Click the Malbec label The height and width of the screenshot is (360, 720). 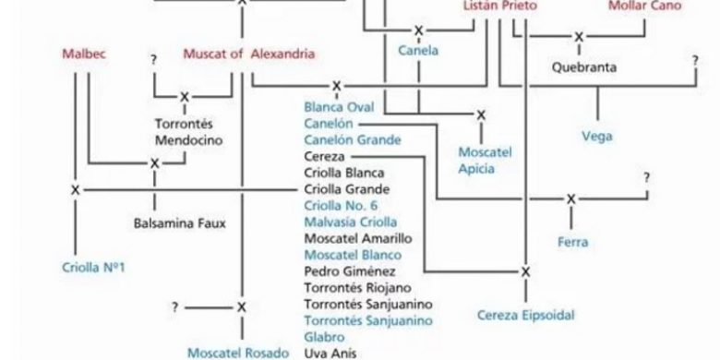(x=84, y=54)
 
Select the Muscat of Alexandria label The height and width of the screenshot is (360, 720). (x=249, y=54)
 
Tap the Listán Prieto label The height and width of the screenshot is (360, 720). (x=500, y=6)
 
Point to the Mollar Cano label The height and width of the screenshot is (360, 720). (x=644, y=6)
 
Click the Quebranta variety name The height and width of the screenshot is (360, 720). (x=584, y=67)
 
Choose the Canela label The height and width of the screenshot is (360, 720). (x=418, y=51)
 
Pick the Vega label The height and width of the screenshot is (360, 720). (x=597, y=137)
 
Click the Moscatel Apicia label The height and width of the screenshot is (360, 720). (x=485, y=161)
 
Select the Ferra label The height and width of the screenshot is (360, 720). (x=572, y=242)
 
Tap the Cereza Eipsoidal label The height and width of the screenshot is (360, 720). (x=526, y=316)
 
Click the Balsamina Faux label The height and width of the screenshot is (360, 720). (x=180, y=223)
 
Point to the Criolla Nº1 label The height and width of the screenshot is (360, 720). (x=93, y=268)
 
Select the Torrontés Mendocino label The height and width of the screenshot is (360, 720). (x=188, y=132)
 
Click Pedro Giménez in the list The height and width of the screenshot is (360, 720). (x=350, y=271)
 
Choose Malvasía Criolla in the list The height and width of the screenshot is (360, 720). (x=351, y=222)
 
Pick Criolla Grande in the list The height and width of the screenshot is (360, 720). (x=347, y=189)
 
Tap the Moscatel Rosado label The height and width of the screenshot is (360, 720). (x=238, y=354)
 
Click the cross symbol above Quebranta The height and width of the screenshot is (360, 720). (x=579, y=37)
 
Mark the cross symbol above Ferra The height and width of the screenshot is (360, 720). (x=570, y=199)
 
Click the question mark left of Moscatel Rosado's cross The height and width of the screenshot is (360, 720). (x=175, y=307)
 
